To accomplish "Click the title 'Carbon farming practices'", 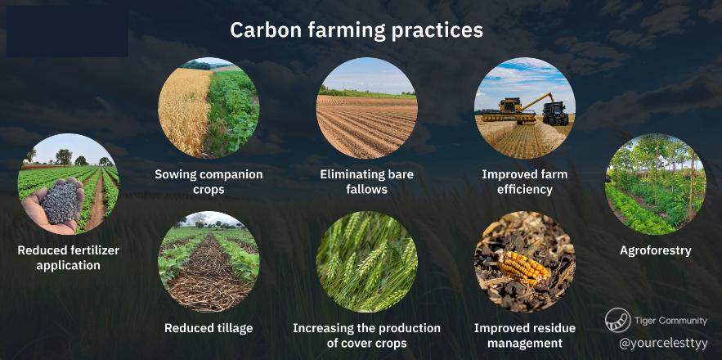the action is click(x=357, y=30).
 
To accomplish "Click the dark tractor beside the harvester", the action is click(x=556, y=113).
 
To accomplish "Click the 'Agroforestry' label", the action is click(x=655, y=250).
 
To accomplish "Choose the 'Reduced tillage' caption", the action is click(x=209, y=328).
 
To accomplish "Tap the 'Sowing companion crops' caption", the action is click(x=209, y=182).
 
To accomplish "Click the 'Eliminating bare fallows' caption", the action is click(x=366, y=182).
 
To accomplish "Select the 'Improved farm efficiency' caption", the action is click(x=524, y=182).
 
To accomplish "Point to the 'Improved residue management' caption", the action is click(x=524, y=335).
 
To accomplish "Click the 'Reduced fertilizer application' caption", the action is click(x=68, y=258).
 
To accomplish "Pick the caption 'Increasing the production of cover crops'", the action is click(x=366, y=335).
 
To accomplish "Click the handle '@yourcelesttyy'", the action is click(x=663, y=344).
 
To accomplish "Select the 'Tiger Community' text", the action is click(x=670, y=321).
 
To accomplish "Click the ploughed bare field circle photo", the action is click(x=366, y=108).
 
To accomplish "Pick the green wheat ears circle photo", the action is click(x=366, y=262).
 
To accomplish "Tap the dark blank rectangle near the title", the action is click(x=67, y=31).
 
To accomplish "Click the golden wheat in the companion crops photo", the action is click(x=184, y=110).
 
